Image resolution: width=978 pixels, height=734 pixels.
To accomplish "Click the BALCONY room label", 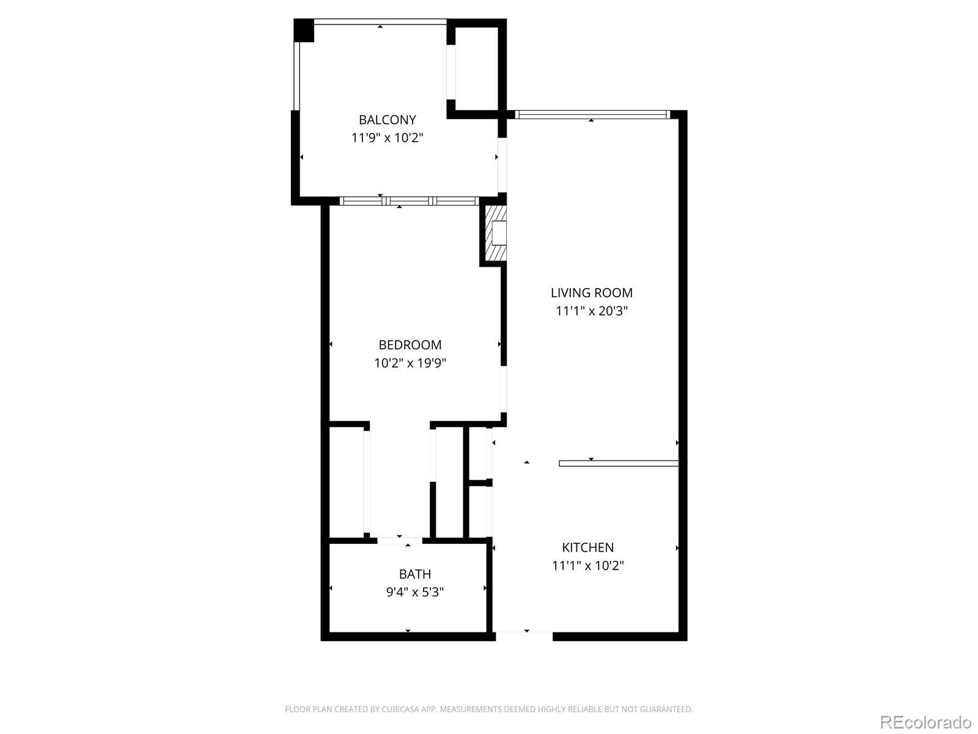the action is [x=387, y=120].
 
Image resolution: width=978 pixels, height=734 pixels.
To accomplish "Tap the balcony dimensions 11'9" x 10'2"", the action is [x=387, y=138].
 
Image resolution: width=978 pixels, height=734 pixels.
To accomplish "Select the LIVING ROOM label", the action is [x=591, y=293].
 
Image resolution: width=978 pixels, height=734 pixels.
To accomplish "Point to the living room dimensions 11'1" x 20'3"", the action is [x=591, y=311].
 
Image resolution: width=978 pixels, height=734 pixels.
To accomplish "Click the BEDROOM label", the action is [x=410, y=345].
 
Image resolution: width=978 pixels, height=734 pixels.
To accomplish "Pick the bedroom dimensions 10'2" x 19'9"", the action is [x=410, y=363].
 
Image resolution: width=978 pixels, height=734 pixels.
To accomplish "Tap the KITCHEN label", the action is [x=587, y=547].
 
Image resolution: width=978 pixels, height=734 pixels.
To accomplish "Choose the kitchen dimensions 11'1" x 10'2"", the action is [x=587, y=566].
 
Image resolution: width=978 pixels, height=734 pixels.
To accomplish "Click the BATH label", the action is [x=415, y=574].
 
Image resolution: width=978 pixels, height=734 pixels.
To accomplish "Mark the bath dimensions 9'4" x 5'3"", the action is [x=415, y=592].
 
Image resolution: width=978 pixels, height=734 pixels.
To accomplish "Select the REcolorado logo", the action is [x=925, y=722].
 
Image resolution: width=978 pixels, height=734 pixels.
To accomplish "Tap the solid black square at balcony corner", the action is [x=304, y=31].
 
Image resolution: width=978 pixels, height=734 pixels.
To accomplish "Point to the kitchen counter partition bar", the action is [x=619, y=464].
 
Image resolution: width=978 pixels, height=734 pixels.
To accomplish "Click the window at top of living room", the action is [x=592, y=114].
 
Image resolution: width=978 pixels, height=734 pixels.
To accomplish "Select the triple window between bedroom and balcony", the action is [x=409, y=201].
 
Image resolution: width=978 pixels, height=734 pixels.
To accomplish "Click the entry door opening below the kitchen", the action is [x=524, y=636].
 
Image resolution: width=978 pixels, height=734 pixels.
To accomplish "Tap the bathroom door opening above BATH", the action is [x=400, y=541].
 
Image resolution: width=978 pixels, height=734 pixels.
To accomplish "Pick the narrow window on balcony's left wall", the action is [x=296, y=76].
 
